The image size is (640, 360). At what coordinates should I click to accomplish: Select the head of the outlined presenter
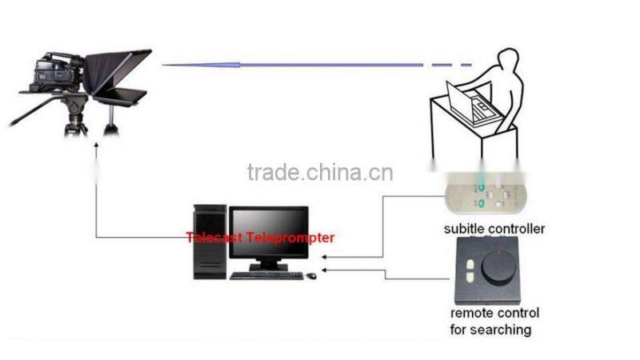click(x=508, y=62)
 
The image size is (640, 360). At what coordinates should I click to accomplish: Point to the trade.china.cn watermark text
click(x=320, y=172)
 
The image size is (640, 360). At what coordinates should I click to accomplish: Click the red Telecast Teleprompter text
click(x=260, y=238)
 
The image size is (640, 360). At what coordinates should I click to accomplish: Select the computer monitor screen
click(x=269, y=232)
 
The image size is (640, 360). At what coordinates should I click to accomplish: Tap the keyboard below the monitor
click(x=266, y=275)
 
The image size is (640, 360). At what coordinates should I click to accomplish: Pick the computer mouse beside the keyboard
click(x=311, y=276)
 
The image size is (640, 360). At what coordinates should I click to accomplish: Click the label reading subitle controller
click(x=494, y=229)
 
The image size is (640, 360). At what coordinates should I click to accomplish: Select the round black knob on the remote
click(x=498, y=267)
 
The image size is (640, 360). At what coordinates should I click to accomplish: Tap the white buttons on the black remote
click(x=469, y=266)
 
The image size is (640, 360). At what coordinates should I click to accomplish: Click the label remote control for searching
click(x=494, y=321)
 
